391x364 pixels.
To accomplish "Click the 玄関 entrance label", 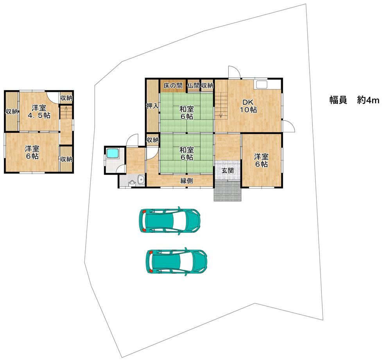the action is pyautogui.click(x=228, y=171).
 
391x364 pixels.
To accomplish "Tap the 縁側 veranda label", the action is pyautogui.click(x=187, y=181).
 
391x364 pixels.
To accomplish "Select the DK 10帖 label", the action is pyautogui.click(x=248, y=105).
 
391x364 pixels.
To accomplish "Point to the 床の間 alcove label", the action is pyautogui.click(x=173, y=86).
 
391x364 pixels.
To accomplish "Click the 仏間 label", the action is pyautogui.click(x=194, y=86).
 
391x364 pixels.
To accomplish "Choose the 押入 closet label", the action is pyautogui.click(x=152, y=106).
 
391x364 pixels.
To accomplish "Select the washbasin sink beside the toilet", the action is pyautogui.click(x=141, y=179).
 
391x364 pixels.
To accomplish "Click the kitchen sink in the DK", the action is pyautogui.click(x=261, y=84).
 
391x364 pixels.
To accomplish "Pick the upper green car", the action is pyautogui.click(x=170, y=221).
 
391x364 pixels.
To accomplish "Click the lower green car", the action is pyautogui.click(x=177, y=261).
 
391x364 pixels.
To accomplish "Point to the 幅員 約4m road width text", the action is pyautogui.click(x=354, y=100).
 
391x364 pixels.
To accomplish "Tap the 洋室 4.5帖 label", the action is pyautogui.click(x=39, y=112).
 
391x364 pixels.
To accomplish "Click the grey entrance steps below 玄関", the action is pyautogui.click(x=228, y=191).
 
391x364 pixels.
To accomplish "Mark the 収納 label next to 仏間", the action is pyautogui.click(x=207, y=86).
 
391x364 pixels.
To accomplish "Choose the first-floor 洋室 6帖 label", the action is pyautogui.click(x=261, y=161).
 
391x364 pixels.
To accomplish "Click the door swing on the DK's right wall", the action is pyautogui.click(x=289, y=126).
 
